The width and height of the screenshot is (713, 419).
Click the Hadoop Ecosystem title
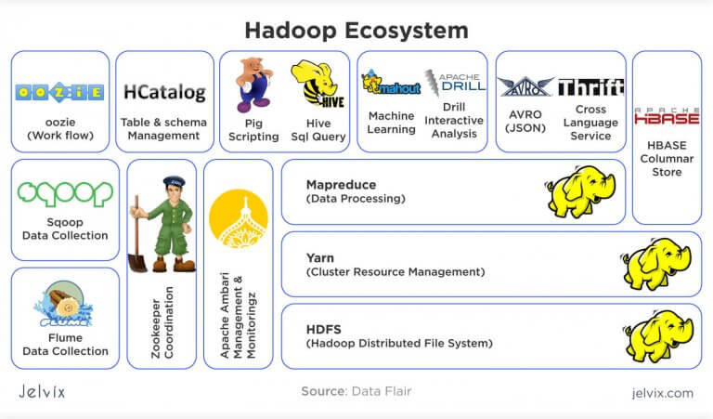point(356,30)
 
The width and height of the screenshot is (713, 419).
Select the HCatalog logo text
point(163,93)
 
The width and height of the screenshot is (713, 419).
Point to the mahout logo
point(391,85)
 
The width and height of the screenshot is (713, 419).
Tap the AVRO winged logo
point(525,86)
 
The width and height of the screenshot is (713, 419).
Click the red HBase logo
point(667,116)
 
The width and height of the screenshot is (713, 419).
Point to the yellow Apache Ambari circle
point(238,218)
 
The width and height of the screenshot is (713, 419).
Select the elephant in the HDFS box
point(656,335)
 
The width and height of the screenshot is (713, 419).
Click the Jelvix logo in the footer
point(43,391)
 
